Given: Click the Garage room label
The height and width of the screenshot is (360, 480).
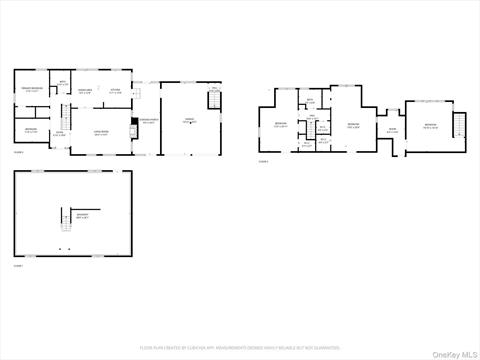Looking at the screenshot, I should pyautogui.click(x=188, y=120).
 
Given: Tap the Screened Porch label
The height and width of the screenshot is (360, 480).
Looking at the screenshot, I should pyautogui.click(x=148, y=121).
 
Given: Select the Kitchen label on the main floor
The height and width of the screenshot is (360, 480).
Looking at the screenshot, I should pyautogui.click(x=115, y=91).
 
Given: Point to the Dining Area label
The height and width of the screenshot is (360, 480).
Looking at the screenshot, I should pyautogui.click(x=87, y=91).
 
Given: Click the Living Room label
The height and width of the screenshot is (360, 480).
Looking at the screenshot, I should pyautogui.click(x=101, y=132).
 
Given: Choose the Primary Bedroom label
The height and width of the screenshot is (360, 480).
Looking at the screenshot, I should pyautogui.click(x=33, y=90).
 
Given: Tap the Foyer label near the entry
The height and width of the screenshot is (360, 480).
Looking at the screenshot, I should pyautogui.click(x=59, y=133).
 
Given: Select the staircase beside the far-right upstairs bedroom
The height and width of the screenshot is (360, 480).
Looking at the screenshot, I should pyautogui.click(x=460, y=125).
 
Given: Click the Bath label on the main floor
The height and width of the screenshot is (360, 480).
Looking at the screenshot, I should pyautogui.click(x=61, y=84).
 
